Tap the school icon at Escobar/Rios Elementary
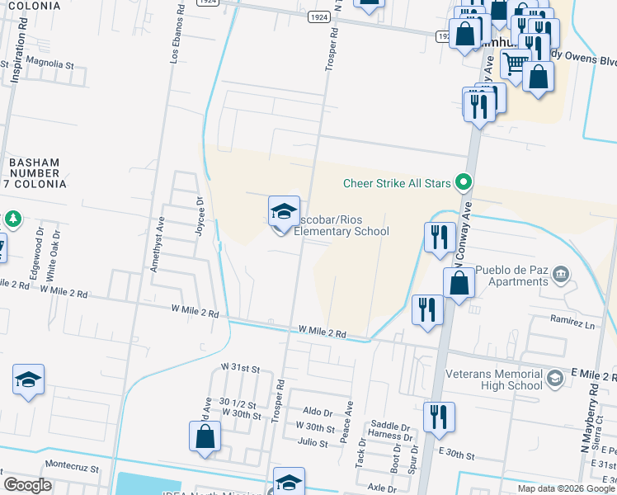pos(284,212)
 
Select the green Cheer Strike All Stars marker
pos(464,182)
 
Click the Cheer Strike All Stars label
pos(398,182)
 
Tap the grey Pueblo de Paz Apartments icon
pos(561,273)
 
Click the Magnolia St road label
pos(50,64)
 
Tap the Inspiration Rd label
pos(14,59)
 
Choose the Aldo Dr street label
pos(318,411)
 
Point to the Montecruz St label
pos(72,466)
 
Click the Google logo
pos(27,485)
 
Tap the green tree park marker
pos(12,219)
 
